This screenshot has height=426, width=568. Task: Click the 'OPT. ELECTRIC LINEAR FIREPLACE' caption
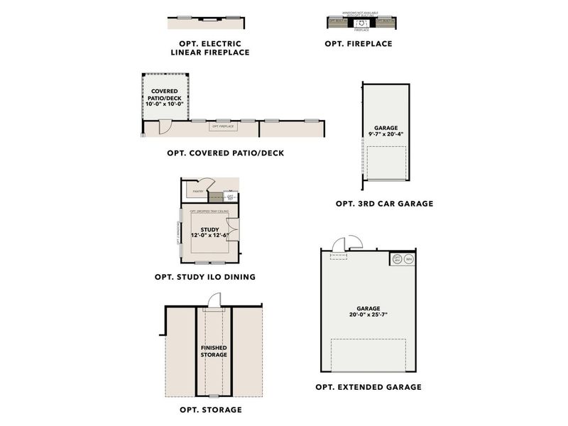pos(209,48)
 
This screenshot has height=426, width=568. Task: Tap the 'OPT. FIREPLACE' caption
pos(358,44)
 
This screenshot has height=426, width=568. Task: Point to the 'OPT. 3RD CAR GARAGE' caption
pos(384,204)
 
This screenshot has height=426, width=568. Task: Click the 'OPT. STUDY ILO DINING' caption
pos(204,277)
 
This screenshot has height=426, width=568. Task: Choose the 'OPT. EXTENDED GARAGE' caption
pos(368,387)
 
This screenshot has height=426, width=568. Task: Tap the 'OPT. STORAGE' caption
pos(210,410)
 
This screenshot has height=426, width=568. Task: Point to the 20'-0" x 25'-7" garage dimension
pos(368,314)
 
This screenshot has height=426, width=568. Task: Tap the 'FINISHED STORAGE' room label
pos(213,351)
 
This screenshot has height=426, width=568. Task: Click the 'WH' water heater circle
pos(409,259)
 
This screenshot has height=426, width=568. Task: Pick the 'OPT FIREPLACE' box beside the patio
pos(223,126)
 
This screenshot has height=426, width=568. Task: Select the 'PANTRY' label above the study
pos(198,191)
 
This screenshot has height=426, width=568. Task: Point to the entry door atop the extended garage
pos(341,245)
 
